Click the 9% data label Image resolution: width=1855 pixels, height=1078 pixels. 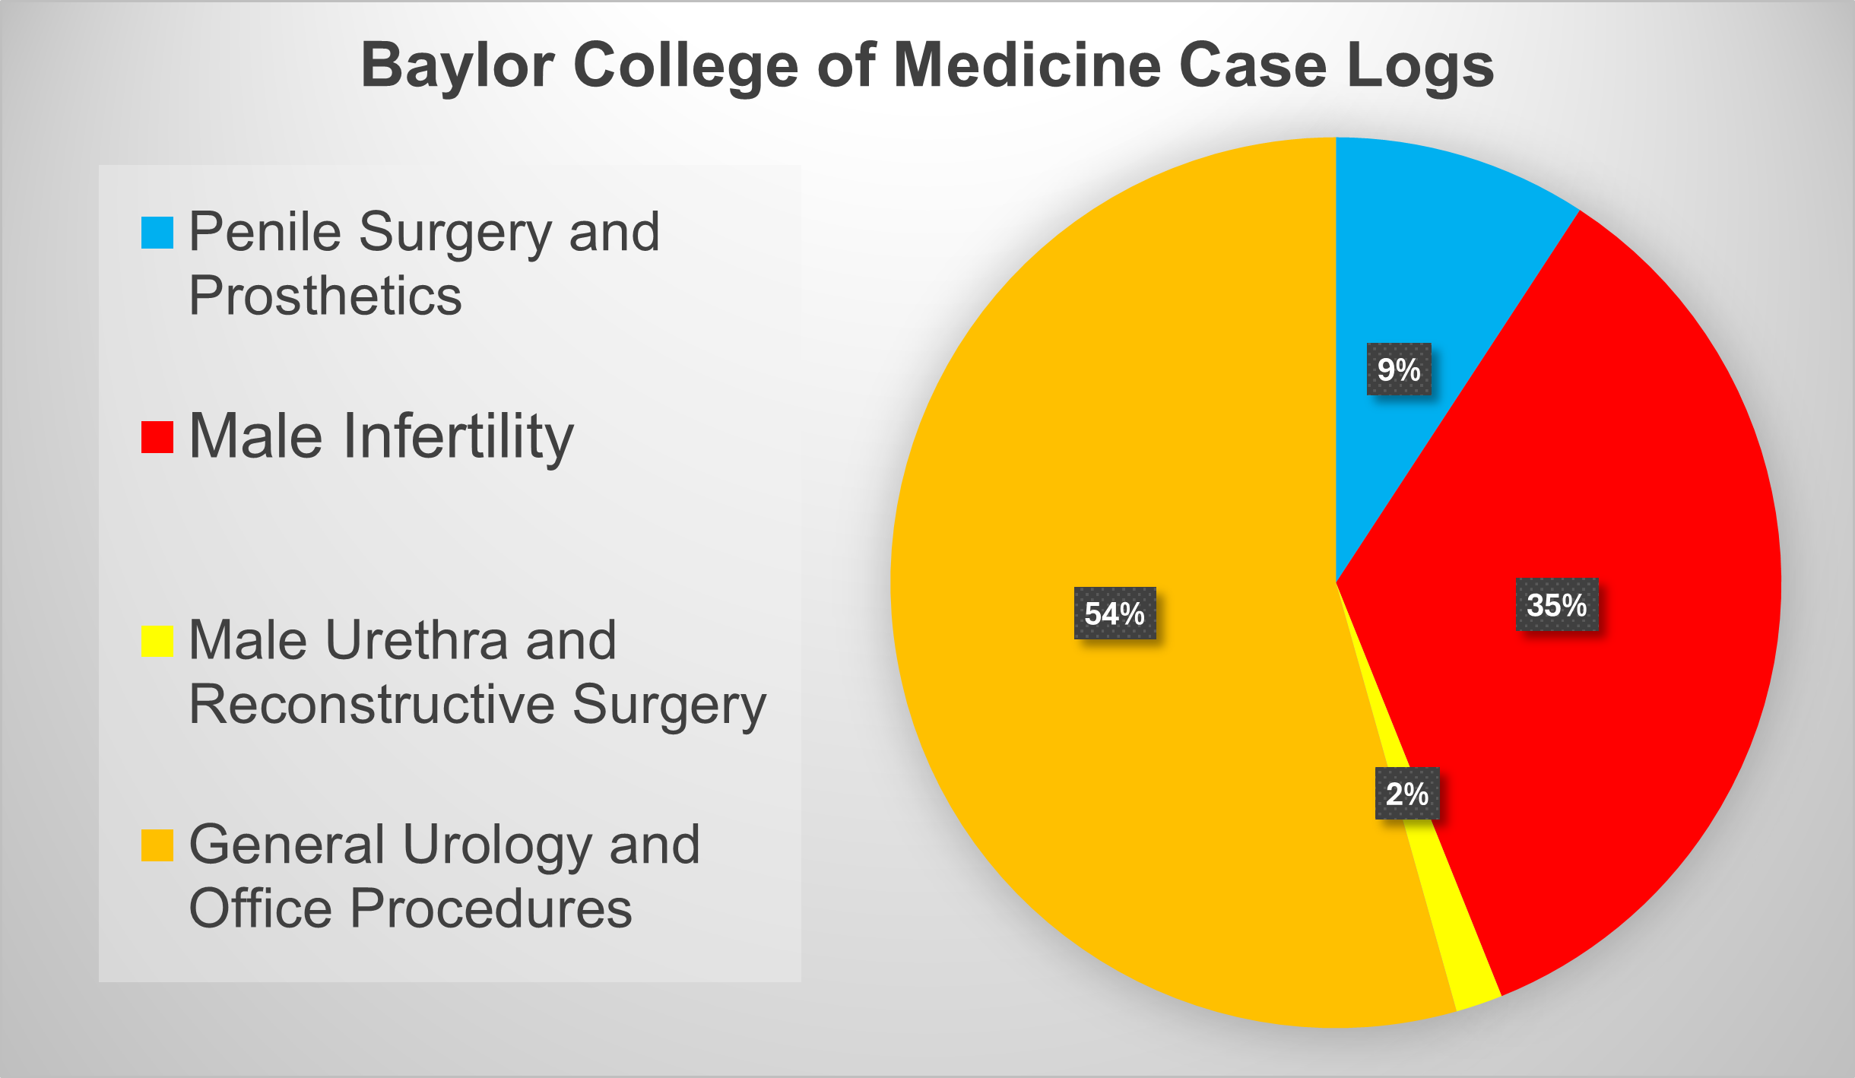point(1399,369)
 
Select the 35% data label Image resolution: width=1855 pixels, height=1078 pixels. point(1557,605)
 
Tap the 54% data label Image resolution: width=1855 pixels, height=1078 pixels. point(1115,614)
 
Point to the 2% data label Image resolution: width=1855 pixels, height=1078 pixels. point(1407,794)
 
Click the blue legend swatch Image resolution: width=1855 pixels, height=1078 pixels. point(157,233)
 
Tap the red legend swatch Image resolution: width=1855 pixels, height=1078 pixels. point(157,437)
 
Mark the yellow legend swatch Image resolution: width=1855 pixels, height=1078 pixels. point(157,641)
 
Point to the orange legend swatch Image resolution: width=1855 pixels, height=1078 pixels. point(157,845)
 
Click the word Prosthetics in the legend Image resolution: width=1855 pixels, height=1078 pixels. point(325,296)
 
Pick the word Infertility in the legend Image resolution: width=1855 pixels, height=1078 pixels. point(458,437)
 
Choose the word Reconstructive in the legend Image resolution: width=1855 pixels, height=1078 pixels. point(372,705)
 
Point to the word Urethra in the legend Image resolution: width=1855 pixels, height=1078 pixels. point(417,641)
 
